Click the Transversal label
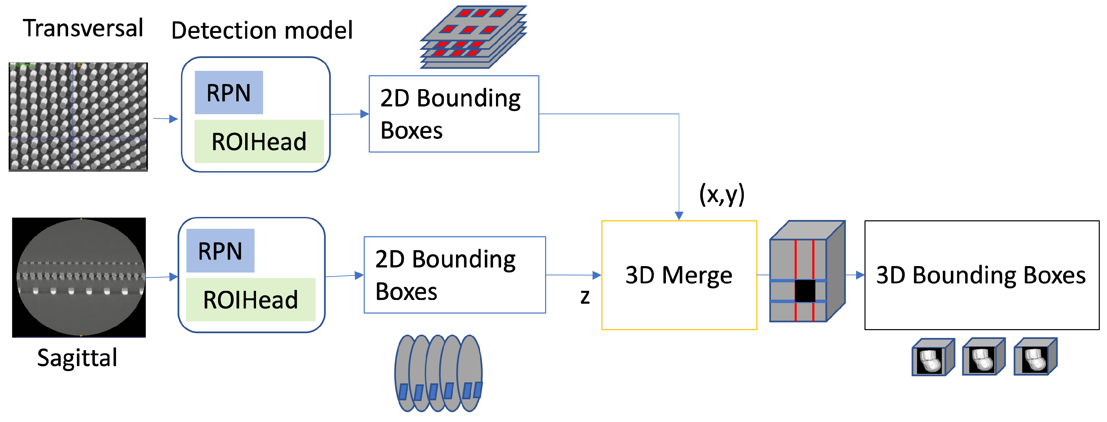[83, 28]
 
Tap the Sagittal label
[77, 358]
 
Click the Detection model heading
[262, 31]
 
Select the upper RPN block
[229, 93]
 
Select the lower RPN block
[220, 251]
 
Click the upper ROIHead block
[259, 141]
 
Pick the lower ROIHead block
[251, 300]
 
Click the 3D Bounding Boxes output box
[982, 275]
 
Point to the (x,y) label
[721, 194]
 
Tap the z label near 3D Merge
[585, 297]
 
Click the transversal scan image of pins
[78, 117]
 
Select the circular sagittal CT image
[79, 277]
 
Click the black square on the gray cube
[805, 291]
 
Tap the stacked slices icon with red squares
[473, 37]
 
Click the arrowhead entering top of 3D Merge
[679, 215]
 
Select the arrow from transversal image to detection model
[166, 119]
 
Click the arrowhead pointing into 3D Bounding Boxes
[860, 275]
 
